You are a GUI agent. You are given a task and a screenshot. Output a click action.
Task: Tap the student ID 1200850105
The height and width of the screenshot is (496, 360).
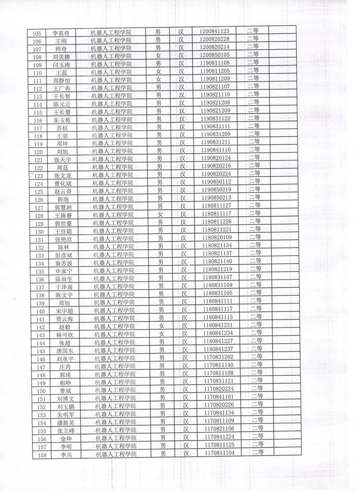point(215,55)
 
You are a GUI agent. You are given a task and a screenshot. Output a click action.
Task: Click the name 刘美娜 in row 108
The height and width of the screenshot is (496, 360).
point(61,57)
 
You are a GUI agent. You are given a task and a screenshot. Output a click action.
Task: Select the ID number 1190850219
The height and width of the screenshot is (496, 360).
point(216,189)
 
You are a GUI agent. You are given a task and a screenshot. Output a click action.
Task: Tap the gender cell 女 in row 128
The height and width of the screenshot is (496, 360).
point(160,214)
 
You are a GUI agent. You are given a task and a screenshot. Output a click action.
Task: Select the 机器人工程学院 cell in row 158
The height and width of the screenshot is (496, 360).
point(116,454)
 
